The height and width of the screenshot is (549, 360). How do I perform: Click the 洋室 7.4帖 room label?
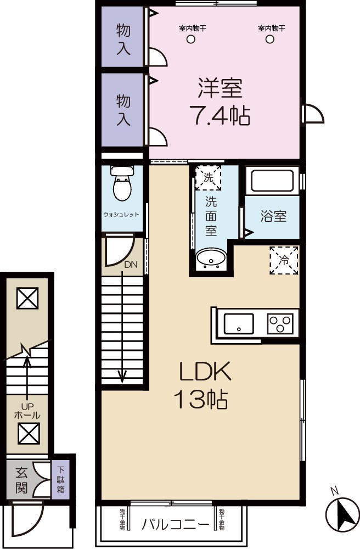[220, 102]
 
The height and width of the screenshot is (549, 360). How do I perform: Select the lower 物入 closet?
[123, 110]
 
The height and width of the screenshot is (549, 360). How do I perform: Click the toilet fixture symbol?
[121, 184]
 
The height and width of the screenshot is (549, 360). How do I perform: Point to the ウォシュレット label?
[121, 215]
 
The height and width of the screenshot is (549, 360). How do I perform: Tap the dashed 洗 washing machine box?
[209, 177]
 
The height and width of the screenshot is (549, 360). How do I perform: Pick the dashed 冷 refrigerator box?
[284, 260]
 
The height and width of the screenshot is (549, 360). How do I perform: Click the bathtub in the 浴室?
[272, 181]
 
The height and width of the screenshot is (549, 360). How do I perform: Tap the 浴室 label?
[273, 216]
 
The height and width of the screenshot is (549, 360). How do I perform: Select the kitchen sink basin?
[239, 323]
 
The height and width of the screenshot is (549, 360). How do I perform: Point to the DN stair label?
[131, 265]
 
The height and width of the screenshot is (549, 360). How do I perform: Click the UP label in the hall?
[26, 407]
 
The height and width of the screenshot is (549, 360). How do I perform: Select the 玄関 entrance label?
[21, 479]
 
